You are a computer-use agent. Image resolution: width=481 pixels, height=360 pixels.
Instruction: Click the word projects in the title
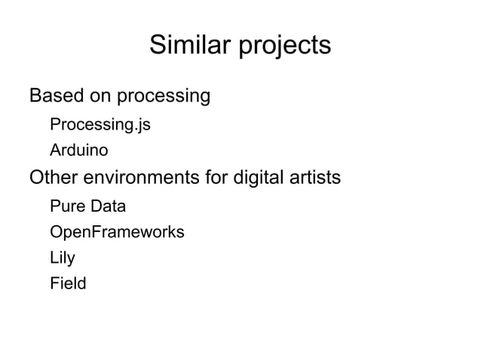point(285,47)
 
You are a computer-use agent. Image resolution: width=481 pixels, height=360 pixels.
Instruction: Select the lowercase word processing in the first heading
point(164,97)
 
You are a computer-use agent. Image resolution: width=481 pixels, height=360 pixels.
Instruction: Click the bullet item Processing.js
point(100,124)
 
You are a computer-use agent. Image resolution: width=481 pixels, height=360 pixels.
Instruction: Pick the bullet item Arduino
point(78,151)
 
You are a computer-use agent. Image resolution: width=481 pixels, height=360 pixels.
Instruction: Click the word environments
point(142,178)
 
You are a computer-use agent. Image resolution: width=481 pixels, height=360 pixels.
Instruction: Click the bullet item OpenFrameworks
point(117,232)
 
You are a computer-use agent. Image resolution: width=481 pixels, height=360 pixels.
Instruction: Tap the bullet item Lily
point(63,258)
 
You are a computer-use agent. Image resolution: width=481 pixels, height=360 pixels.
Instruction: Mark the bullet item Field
point(68,284)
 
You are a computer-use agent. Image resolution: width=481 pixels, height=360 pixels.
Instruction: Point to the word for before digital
point(216,178)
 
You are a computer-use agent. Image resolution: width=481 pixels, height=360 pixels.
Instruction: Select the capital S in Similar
point(157,45)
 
